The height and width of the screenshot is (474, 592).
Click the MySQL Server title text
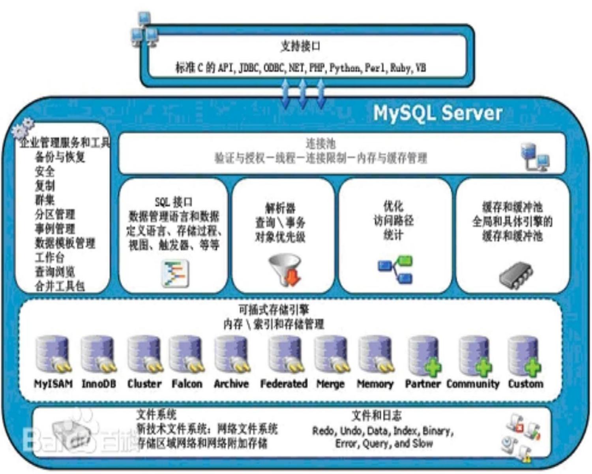click(437, 113)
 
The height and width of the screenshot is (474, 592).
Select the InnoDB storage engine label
click(99, 384)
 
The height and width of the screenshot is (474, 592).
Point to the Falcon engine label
click(187, 384)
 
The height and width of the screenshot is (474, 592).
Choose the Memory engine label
click(375, 384)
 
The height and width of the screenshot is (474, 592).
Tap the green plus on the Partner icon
click(433, 368)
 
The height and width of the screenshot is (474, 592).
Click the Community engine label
click(473, 384)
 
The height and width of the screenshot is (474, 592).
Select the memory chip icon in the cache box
click(516, 275)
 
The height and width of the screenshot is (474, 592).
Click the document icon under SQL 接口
click(175, 273)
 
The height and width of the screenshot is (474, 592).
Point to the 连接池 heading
click(320, 143)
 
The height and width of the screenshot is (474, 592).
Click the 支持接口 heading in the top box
click(300, 46)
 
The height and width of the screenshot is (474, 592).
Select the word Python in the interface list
click(345, 68)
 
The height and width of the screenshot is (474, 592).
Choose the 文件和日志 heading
click(377, 415)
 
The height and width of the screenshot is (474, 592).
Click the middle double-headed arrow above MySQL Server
click(303, 94)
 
